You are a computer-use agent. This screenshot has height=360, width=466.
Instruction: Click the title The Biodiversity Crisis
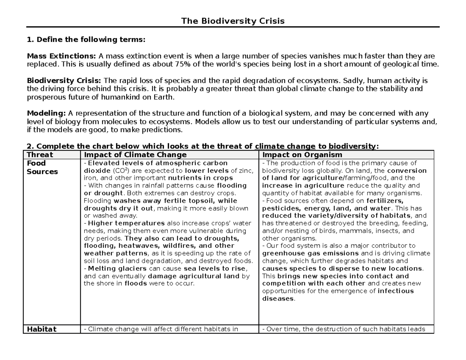click(x=233, y=21)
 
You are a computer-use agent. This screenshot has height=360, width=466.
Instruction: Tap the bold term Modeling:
click(x=46, y=113)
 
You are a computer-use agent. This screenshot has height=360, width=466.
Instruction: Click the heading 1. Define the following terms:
click(x=86, y=40)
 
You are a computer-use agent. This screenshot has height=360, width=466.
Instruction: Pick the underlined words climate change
click(x=285, y=146)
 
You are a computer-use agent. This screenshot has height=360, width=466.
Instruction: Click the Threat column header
click(x=39, y=155)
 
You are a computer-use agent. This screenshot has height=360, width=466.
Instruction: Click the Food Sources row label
click(x=42, y=167)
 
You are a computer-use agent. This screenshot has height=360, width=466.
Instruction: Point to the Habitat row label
click(x=41, y=329)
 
